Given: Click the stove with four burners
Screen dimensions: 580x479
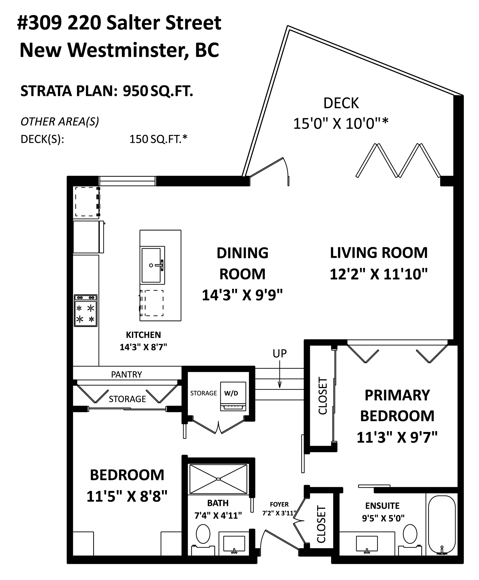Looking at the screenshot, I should [x=86, y=311].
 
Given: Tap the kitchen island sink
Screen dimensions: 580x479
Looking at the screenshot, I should [x=151, y=265].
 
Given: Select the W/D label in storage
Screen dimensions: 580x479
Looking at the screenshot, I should [x=231, y=393].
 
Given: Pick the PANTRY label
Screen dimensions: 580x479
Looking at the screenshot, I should [x=126, y=374].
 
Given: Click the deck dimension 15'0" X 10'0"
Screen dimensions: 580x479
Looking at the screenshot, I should [x=341, y=124].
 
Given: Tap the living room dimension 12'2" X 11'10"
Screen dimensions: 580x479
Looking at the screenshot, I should [x=379, y=274].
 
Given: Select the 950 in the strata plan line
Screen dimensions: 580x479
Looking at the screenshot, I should [x=135, y=91].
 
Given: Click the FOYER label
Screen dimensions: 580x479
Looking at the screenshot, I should [x=279, y=504].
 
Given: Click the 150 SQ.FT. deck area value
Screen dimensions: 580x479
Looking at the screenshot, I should [x=158, y=139].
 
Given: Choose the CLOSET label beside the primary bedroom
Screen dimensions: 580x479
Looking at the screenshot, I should [x=322, y=396].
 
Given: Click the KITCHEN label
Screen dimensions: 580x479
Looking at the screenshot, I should [x=143, y=335].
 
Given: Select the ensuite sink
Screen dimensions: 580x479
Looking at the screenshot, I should [x=367, y=543].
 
